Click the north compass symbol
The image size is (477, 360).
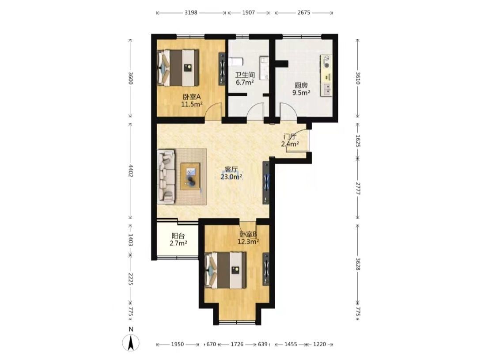pyautogui.click(x=131, y=341)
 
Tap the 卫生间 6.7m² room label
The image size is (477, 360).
pyautogui.click(x=245, y=79)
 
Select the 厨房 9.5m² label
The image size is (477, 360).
pyautogui.click(x=301, y=89)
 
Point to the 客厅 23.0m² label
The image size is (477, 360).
pyautogui.click(x=231, y=173)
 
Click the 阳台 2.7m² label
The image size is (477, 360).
pyautogui.click(x=178, y=239)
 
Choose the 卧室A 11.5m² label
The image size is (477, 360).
pyautogui.click(x=192, y=101)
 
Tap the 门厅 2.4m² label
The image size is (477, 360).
pyautogui.click(x=290, y=140)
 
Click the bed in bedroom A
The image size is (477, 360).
pyautogui.click(x=178, y=68)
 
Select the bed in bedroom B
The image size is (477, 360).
pyautogui.click(x=226, y=270)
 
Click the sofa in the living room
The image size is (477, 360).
pyautogui.click(x=167, y=176)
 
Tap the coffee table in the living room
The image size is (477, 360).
pyautogui.click(x=190, y=176)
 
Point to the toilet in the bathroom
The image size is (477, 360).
pyautogui.click(x=236, y=62)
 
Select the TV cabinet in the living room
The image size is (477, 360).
pyautogui.click(x=266, y=182)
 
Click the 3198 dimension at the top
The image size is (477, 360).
pyautogui.click(x=191, y=12)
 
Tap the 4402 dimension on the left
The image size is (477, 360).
pyautogui.click(x=130, y=171)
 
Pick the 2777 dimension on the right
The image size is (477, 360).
pyautogui.click(x=358, y=189)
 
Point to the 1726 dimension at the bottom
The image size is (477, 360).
pyautogui.click(x=237, y=344)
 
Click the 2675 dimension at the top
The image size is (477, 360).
pyautogui.click(x=303, y=12)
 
